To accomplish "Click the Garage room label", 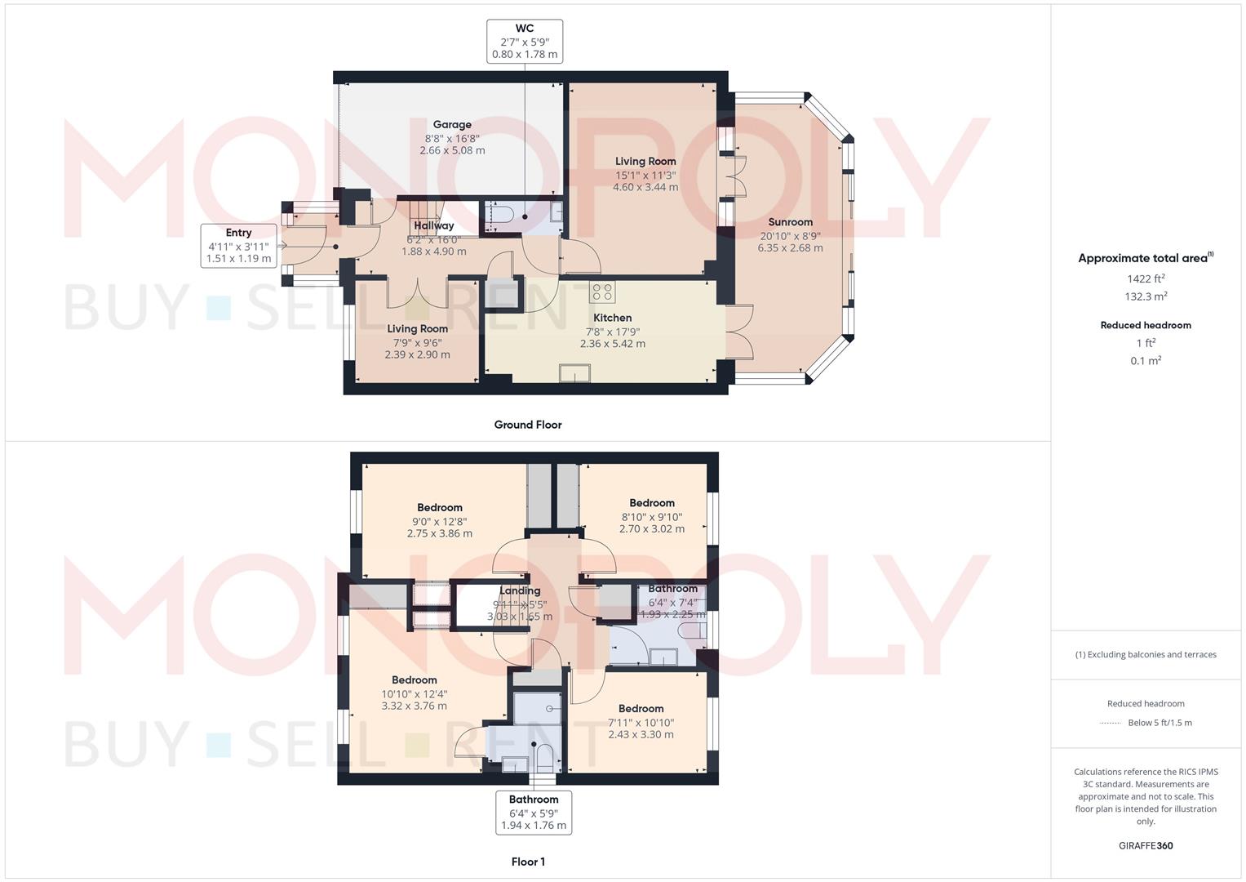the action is pos(452,125).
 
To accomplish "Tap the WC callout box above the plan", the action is pos(525,41).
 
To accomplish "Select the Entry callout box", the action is pos(238,246).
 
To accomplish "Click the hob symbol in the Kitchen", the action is pos(602,292).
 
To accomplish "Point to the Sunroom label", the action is pos(790,222).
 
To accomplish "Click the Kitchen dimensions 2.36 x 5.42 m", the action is pos(613,344).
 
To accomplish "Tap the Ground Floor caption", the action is pos(528,425).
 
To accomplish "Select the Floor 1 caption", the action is pos(528,862).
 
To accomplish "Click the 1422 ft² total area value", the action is pos(1146,278).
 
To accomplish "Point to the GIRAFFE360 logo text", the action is pos(1146,846).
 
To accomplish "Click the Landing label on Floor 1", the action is pos(520,590).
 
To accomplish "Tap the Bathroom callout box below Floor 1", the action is pos(534,813).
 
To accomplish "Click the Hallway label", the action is pos(434,226).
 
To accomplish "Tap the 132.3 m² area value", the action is pos(1146,296).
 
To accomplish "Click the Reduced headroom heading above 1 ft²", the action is pos(1146,325).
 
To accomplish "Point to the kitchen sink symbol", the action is pos(574,373).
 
